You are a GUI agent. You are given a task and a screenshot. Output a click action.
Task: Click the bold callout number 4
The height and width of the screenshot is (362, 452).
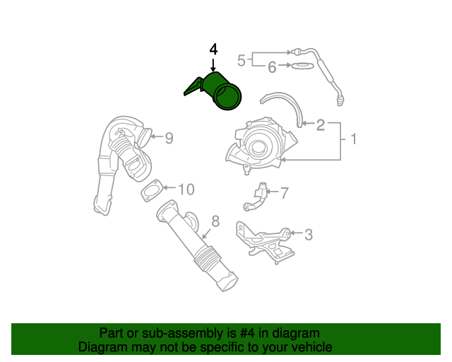tap(213, 49)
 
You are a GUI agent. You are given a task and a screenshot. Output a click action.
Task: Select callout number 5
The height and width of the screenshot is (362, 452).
tap(241, 60)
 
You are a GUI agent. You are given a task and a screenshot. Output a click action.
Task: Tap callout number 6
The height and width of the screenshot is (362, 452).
tap(271, 67)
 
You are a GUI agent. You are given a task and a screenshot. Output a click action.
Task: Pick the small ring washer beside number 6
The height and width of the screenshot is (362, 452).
tap(303, 66)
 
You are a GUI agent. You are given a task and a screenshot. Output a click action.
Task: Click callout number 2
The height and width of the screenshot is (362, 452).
tap(320, 126)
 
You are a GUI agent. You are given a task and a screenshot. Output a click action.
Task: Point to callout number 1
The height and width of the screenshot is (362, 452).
tap(352, 140)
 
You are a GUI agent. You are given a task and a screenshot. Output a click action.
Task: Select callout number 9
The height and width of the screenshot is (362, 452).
tap(169, 139)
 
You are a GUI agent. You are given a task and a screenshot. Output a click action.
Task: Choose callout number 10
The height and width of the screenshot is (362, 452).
tap(185, 189)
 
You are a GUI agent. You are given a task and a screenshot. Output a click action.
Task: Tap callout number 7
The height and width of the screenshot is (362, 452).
tap(284, 192)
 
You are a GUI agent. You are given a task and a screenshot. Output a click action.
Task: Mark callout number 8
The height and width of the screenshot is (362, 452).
tap(215, 221)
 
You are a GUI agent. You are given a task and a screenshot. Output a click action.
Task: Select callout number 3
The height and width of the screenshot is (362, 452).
tap(308, 234)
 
